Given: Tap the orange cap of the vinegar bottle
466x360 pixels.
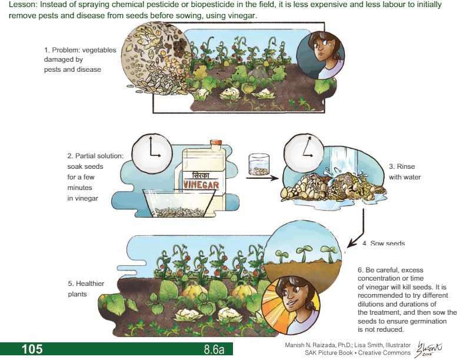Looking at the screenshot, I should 215,143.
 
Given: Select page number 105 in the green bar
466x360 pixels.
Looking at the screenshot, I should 32,349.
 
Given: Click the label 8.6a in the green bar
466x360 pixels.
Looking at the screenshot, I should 214,349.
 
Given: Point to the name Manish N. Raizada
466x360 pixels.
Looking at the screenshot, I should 312,345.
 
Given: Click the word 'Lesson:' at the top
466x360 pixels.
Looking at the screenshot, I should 23,5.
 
